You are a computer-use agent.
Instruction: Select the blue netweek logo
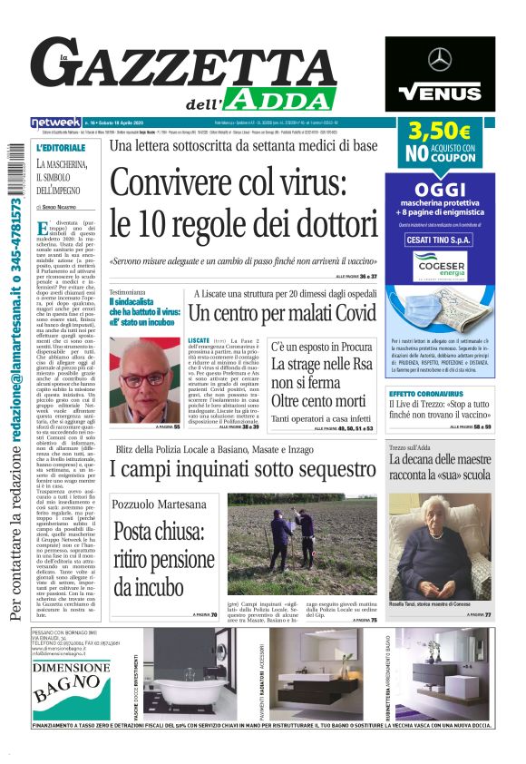tap(55, 122)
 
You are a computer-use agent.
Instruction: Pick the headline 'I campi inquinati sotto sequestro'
tap(242, 469)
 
